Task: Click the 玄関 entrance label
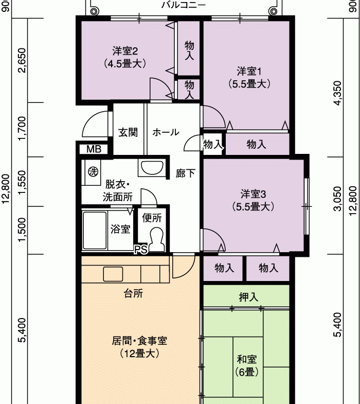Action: coord(128,132)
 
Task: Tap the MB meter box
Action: coord(94,149)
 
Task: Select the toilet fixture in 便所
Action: coord(156,240)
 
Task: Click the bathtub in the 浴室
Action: coord(95,231)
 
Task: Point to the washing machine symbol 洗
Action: coord(93,171)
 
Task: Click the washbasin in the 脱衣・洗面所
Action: coord(152,168)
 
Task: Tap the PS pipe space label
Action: coord(141,249)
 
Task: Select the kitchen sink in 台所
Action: coord(113,274)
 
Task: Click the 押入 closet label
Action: coord(248,297)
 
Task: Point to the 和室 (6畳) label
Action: coord(247,365)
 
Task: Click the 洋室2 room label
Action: coord(125,57)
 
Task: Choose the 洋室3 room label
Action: coord(253,200)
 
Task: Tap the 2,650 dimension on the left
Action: coord(23,60)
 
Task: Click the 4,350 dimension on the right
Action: coord(337,93)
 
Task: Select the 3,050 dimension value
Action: coord(337,199)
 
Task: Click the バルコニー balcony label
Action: coord(184,5)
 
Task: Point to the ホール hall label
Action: coord(166,132)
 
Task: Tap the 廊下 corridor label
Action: coord(186,173)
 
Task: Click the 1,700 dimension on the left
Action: coord(23,128)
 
